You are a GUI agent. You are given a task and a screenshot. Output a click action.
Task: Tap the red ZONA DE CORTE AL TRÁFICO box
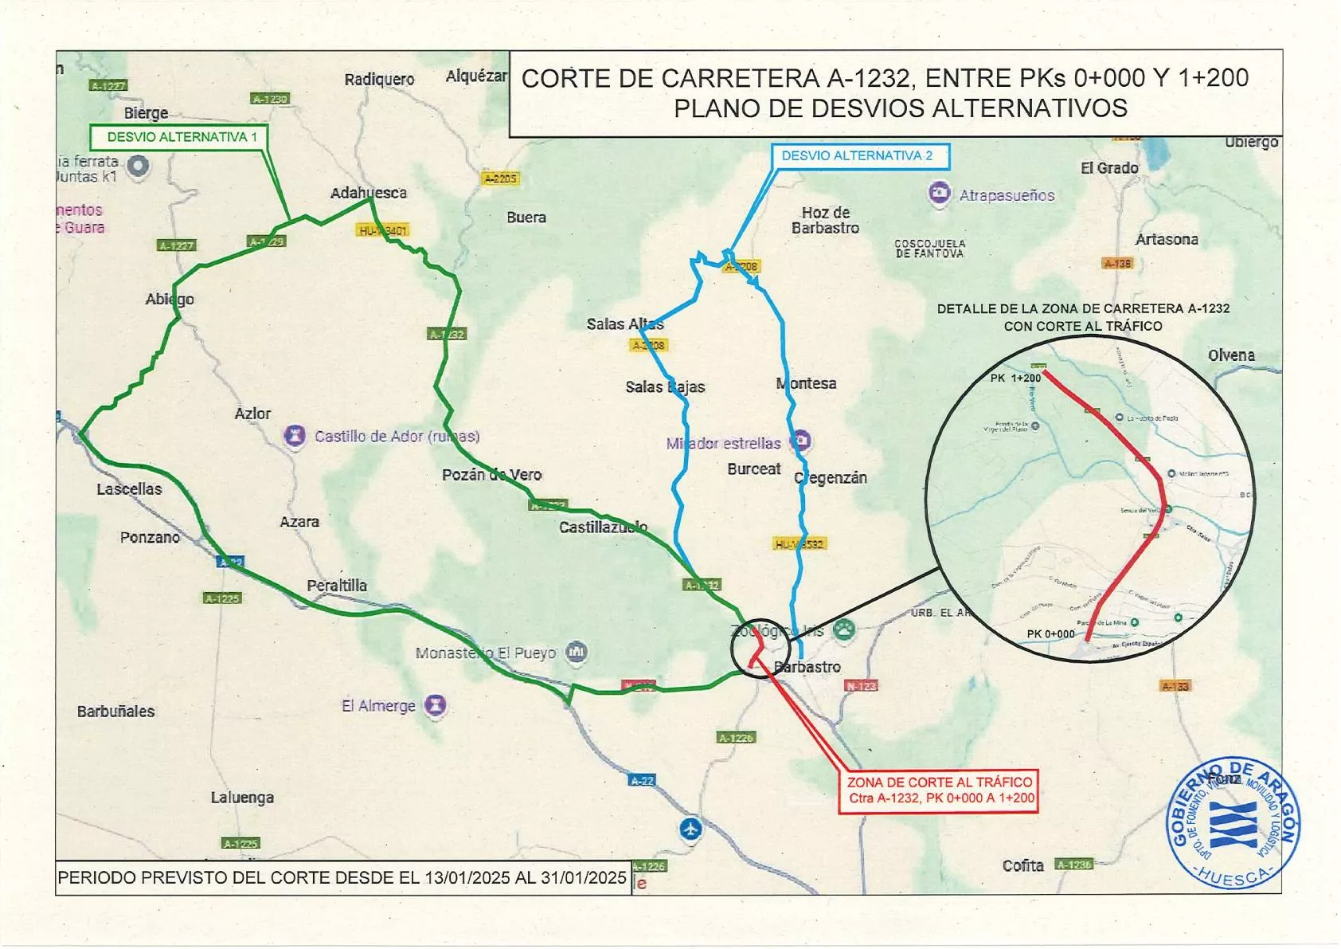pyautogui.click(x=939, y=790)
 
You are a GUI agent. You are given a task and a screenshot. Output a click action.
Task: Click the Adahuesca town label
pyautogui.click(x=369, y=193)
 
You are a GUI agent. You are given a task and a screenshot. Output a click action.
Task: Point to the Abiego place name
pyautogui.click(x=169, y=299)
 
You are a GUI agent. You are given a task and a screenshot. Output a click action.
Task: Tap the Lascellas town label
pyautogui.click(x=129, y=489)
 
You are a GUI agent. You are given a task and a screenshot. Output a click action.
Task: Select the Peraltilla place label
pyautogui.click(x=337, y=586)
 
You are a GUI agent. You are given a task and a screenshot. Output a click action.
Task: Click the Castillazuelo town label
pyautogui.click(x=603, y=527)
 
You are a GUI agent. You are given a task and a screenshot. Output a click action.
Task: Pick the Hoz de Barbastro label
pyautogui.click(x=825, y=221)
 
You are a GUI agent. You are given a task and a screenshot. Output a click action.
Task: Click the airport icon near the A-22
pyautogui.click(x=690, y=829)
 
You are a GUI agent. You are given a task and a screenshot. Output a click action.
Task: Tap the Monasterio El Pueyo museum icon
pyautogui.click(x=576, y=653)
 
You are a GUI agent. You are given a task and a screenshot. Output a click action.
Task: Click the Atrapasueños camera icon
pyautogui.click(x=940, y=194)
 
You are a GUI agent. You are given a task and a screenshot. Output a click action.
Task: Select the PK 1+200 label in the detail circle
pyautogui.click(x=1015, y=378)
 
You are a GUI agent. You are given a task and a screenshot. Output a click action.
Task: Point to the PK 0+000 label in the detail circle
pyautogui.click(x=1050, y=634)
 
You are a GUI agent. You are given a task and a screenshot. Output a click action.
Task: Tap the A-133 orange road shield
pyautogui.click(x=1175, y=686)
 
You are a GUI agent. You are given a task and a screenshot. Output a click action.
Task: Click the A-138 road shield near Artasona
pyautogui.click(x=1117, y=264)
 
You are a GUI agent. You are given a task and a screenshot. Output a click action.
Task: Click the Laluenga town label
pyautogui.click(x=242, y=798)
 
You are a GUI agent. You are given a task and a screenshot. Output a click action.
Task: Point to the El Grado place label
pyautogui.click(x=1109, y=168)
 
